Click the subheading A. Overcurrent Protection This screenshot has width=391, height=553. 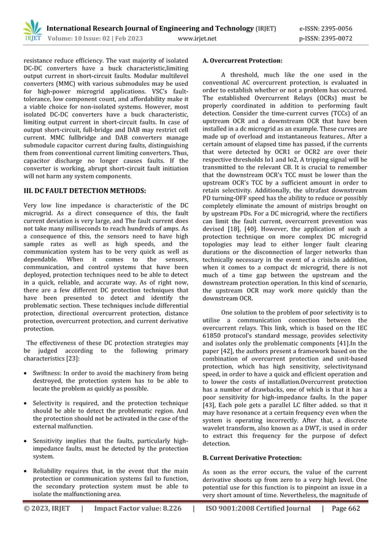coord(242,61)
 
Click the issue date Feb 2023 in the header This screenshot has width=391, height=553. coord(125,38)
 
